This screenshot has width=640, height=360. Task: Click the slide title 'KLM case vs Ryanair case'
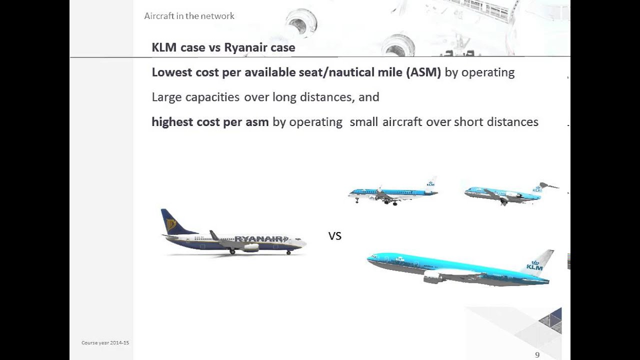[x=223, y=48]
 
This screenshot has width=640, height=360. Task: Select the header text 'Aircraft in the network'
[x=189, y=16]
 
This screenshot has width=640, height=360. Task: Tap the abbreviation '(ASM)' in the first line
[x=423, y=72]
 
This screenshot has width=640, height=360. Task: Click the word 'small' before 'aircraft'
[x=364, y=122]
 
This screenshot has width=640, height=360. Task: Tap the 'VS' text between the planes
[x=334, y=236]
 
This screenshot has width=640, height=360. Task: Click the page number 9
[x=537, y=354]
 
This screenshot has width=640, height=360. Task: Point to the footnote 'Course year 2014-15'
[x=105, y=343]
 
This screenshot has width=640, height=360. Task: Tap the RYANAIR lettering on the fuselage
[x=260, y=239]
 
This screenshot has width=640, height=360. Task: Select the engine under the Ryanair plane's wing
[x=250, y=247]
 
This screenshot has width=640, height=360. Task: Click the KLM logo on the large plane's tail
[x=534, y=265]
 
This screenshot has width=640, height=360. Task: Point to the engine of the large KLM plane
[x=433, y=277]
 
